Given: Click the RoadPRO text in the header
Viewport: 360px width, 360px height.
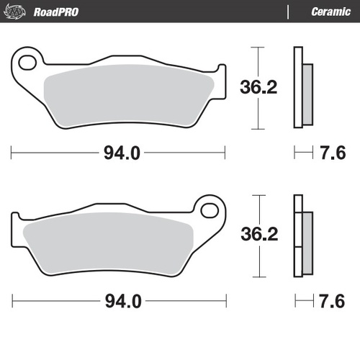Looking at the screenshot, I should tap(56, 12).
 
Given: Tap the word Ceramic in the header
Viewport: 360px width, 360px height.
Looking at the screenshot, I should tap(330, 12).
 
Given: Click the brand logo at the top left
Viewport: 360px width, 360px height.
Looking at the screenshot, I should tap(14, 12).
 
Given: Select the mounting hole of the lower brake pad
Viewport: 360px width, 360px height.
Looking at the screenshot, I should tap(211, 210).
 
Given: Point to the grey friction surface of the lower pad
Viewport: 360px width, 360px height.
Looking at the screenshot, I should tap(108, 246).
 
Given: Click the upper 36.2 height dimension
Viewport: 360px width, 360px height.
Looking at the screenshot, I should tap(258, 88).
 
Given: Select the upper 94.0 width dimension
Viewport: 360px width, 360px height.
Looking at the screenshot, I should tap(119, 153).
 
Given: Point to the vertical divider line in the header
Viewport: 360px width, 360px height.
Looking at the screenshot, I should tap(288, 12).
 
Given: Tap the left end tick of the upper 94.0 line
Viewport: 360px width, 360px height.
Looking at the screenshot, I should tap(12, 153).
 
